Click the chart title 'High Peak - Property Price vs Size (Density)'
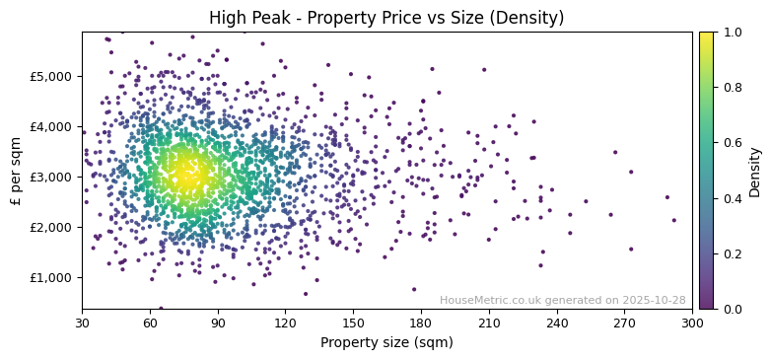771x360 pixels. coord(386,18)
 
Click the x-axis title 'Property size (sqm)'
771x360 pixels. coord(386,343)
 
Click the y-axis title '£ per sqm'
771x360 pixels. coord(16,171)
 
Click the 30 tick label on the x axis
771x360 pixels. coord(82,322)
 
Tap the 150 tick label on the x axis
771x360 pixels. coord(353,322)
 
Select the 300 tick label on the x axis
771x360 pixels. coord(692,322)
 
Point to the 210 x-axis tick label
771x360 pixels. coord(488,322)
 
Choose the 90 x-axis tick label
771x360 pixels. coord(218,322)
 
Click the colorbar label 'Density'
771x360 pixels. coord(755,171)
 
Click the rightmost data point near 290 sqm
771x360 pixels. coord(674,220)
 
